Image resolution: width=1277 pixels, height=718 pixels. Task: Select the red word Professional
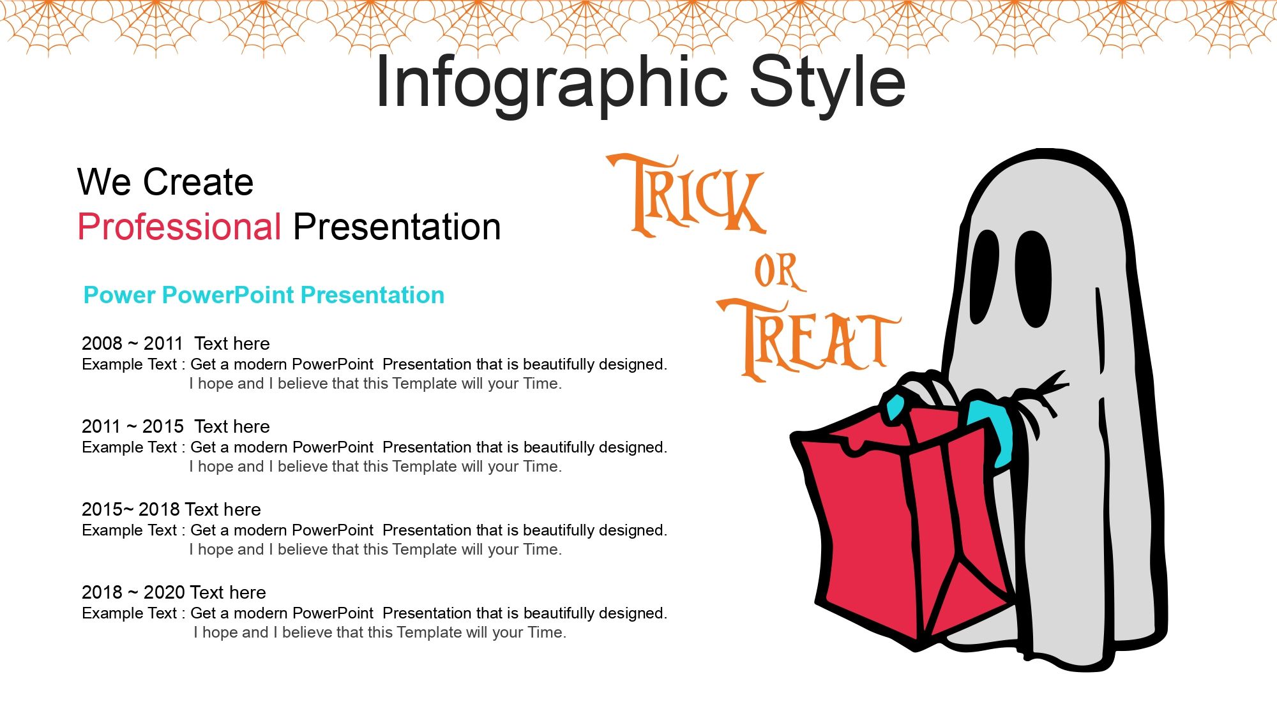point(179,227)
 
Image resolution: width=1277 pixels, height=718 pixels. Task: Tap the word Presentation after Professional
point(397,227)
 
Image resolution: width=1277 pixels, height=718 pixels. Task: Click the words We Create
point(165,182)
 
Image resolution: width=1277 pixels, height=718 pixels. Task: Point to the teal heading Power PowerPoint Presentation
point(264,295)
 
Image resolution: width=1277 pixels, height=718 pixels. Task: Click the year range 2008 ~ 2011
point(132,343)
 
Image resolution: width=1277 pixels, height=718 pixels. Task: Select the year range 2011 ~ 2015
point(132,426)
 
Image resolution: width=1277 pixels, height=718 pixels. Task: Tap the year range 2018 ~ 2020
point(133,592)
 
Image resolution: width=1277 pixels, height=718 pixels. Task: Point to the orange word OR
point(776,272)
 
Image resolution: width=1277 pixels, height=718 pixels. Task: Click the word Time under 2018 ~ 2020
point(545,632)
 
